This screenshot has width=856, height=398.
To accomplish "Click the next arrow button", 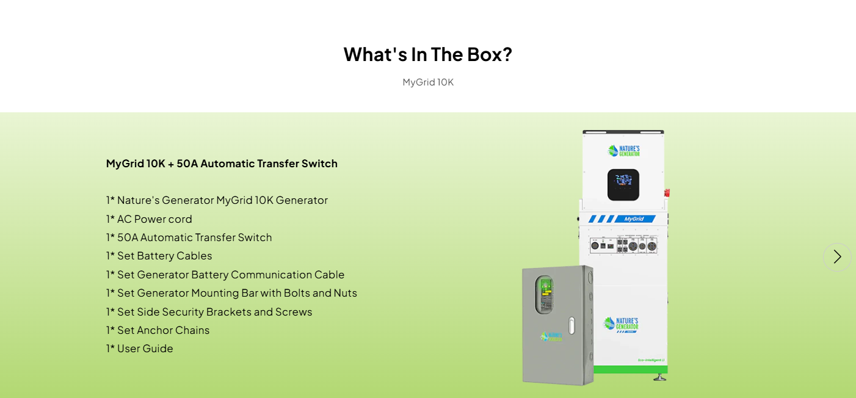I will (x=837, y=257).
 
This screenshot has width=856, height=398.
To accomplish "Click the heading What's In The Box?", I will (x=427, y=54).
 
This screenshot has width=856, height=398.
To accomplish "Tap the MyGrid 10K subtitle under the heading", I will (x=428, y=82).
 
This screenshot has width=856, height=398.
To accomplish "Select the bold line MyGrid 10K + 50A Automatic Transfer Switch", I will (x=222, y=164).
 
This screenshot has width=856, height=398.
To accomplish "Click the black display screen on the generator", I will (x=623, y=184).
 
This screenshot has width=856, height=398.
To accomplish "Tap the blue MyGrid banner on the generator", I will (x=622, y=219).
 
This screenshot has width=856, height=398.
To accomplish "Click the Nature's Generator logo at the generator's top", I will (x=623, y=150).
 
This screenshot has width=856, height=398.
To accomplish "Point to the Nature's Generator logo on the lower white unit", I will (x=621, y=324).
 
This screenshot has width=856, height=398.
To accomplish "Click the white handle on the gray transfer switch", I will (x=571, y=325).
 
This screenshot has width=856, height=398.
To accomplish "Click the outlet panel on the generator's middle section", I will (x=624, y=245).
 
